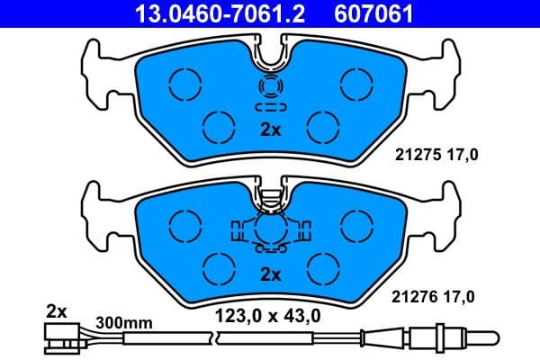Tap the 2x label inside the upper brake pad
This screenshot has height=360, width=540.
point(270,130)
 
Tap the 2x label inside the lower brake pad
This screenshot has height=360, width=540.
point(270,273)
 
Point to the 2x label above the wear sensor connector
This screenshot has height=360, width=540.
point(57,311)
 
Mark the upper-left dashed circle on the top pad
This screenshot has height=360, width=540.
point(186,85)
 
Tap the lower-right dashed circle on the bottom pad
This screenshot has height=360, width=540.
point(321,267)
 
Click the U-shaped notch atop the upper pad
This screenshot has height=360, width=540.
point(270,54)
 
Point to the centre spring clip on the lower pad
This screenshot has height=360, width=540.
point(270,229)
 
